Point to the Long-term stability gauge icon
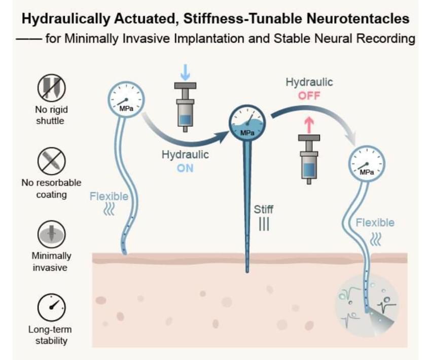(x=51, y=307)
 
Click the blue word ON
(x=185, y=168)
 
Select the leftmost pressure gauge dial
(x=126, y=100)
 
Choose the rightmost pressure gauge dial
(x=366, y=164)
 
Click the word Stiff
(x=264, y=209)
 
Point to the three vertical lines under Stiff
(x=264, y=224)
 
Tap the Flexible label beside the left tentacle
(x=109, y=196)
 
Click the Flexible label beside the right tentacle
(x=375, y=223)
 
